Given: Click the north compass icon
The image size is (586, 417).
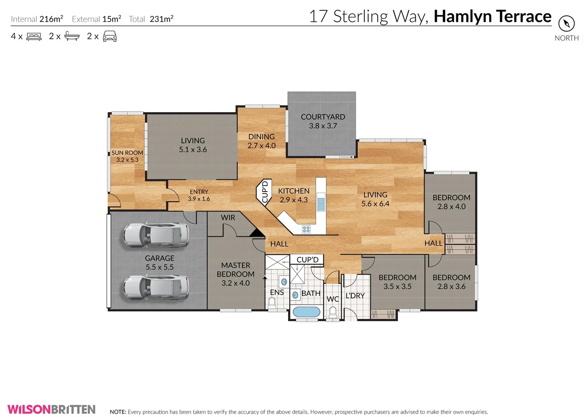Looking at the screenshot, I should pos(566,24).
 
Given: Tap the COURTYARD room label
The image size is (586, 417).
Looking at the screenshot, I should pos(323,117).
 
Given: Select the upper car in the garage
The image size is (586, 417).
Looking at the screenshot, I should pos(156,235).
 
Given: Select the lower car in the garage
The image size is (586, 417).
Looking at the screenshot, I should pos(156,287).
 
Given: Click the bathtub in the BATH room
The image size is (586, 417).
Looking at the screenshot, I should pos(306,312).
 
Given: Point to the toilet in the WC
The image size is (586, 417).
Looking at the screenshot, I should pos(333,312).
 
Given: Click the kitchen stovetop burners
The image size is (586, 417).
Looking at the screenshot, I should pos(306,229).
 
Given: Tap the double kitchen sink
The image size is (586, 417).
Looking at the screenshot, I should pos(321,204).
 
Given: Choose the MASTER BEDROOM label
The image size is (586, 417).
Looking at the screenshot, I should pos(236,270).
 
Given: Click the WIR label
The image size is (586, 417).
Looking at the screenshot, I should pos(228,218).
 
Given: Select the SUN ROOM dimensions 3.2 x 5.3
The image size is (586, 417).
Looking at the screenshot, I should pos(127,160).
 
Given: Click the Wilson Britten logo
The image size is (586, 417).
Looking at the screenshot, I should pos(51,409).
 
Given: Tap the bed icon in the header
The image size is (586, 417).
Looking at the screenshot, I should pos(34,37).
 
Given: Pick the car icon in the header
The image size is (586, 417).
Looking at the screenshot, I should pos(110,36).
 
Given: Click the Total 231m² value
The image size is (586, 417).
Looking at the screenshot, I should pos(161,19).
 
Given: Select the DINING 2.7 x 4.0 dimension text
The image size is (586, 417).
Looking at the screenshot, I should pos(262,146).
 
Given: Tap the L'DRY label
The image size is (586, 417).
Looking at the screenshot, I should pos(355,296).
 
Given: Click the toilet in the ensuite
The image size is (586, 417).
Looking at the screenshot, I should pos(272,303).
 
